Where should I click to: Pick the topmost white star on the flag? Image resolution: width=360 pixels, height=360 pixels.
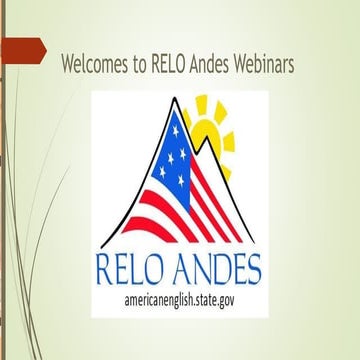coord(176,125)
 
